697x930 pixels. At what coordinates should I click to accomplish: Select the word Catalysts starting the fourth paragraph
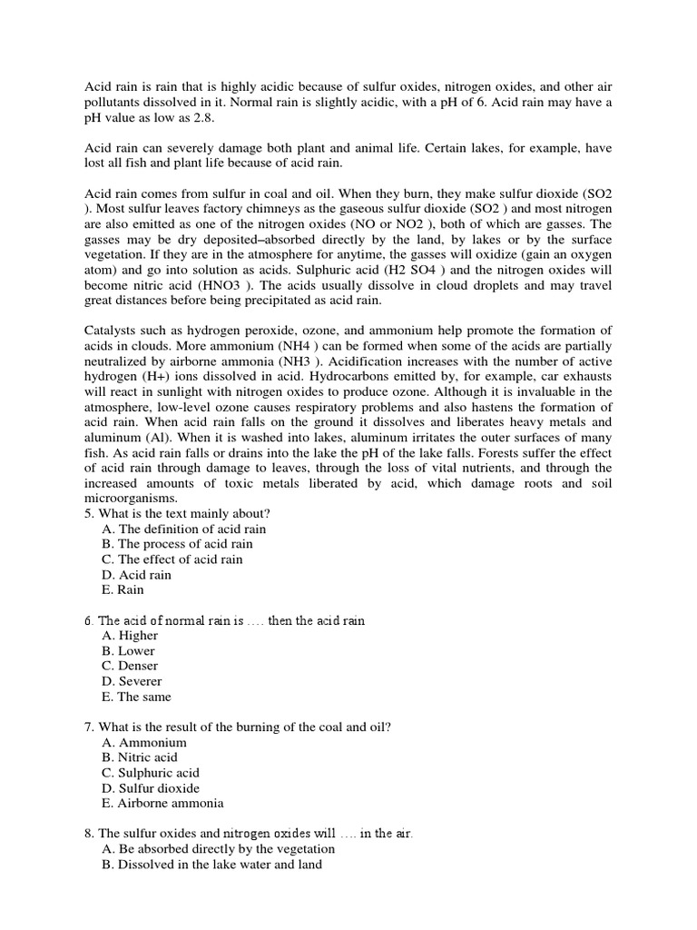[113, 330]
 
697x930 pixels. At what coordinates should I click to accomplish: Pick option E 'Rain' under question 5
[123, 590]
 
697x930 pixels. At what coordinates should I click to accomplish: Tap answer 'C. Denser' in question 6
[131, 667]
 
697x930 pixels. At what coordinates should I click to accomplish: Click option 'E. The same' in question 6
[136, 697]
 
